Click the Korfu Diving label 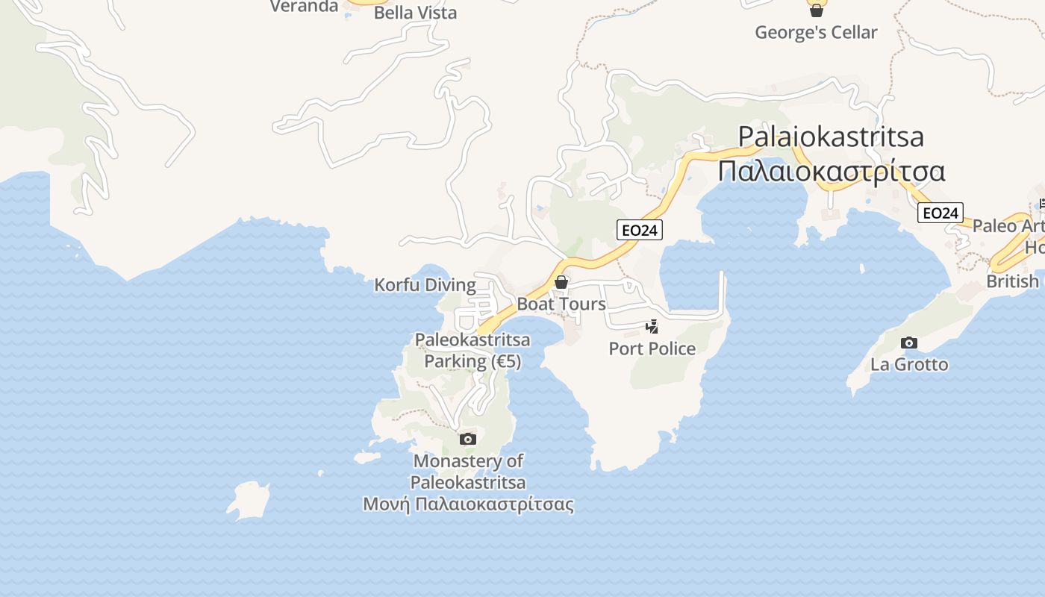click(425, 285)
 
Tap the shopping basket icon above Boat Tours click(561, 282)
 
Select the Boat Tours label click(561, 304)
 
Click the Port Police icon click(652, 326)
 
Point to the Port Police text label click(652, 348)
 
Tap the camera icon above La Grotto click(908, 343)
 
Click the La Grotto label click(909, 365)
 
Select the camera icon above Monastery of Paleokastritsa click(468, 439)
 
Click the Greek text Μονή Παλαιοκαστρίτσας click(468, 504)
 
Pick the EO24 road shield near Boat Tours click(640, 231)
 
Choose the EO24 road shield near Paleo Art click(940, 213)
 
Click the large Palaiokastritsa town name click(831, 137)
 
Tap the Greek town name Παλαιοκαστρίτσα click(832, 172)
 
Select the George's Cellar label click(816, 33)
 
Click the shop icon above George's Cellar click(817, 10)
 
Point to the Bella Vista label click(415, 13)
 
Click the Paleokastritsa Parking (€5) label click(472, 351)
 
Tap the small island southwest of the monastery click(248, 501)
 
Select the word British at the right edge click(1012, 281)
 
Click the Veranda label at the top click(304, 7)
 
